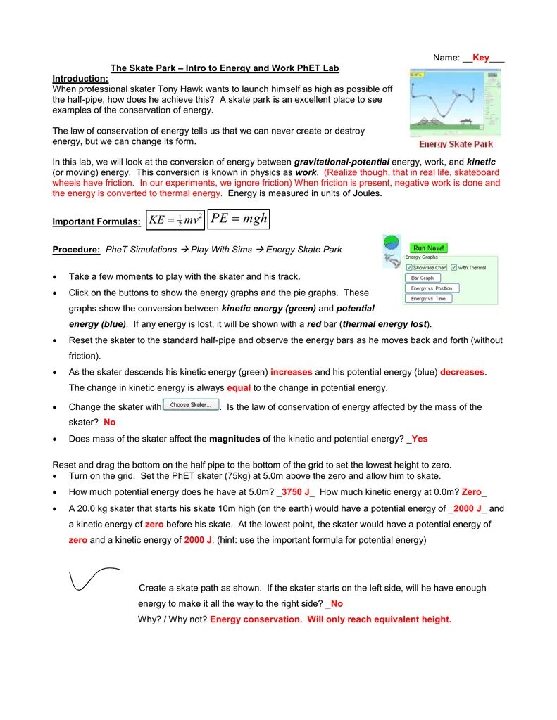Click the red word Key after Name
(x=481, y=58)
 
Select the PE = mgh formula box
(x=239, y=219)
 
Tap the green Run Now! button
(x=429, y=248)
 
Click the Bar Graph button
(x=423, y=278)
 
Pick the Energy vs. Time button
(x=428, y=299)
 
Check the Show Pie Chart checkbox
(x=410, y=268)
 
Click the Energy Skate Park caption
(x=456, y=144)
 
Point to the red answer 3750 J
(x=296, y=493)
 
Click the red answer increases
(x=291, y=372)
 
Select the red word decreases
(x=462, y=372)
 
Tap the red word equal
(x=239, y=387)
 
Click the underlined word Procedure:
(x=76, y=250)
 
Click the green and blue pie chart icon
(x=392, y=244)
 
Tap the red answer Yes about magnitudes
(x=419, y=439)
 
